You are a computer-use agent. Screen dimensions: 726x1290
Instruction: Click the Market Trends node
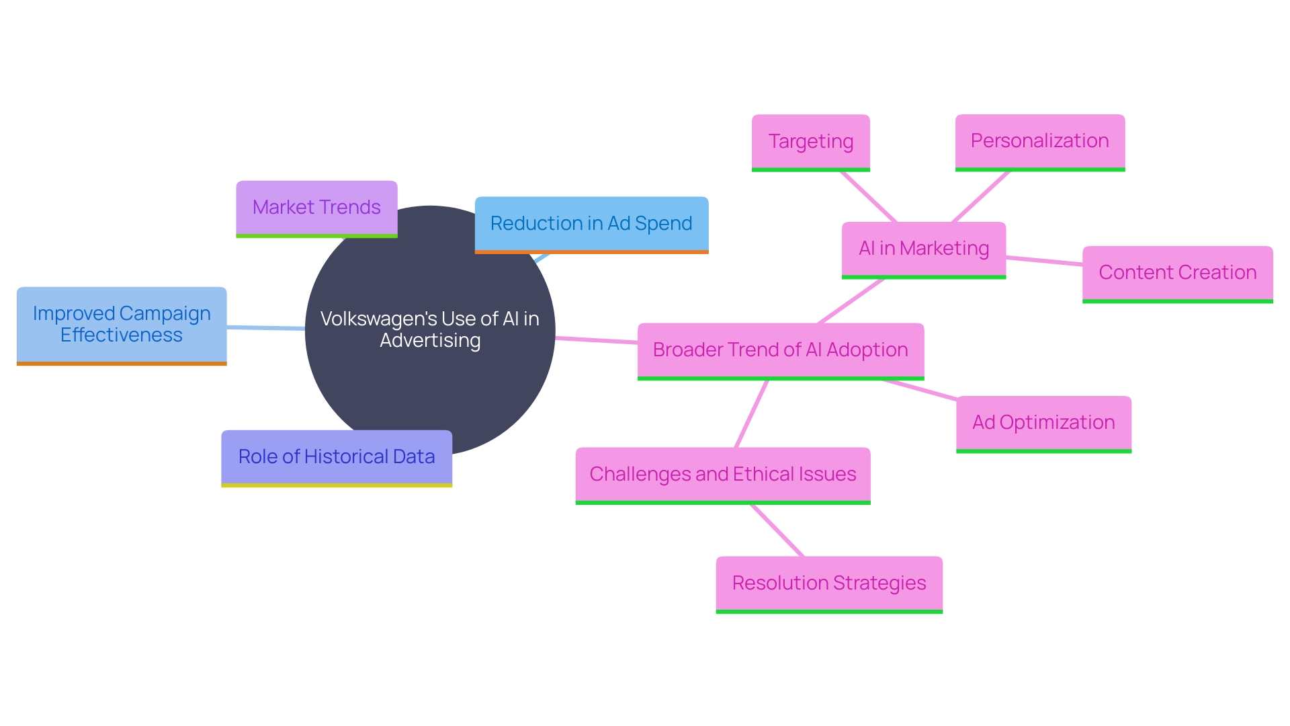[316, 208]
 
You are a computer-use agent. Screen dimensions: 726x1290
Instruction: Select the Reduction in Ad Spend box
[591, 224]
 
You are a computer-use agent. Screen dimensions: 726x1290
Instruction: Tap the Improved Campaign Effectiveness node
[122, 325]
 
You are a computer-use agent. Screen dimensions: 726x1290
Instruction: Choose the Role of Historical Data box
[337, 457]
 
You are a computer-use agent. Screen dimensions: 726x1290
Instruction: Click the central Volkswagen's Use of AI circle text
[430, 329]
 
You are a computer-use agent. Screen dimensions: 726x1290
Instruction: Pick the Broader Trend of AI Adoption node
[780, 350]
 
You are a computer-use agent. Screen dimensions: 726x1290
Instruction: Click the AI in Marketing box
[923, 249]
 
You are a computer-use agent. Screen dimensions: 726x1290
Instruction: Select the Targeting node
[810, 142]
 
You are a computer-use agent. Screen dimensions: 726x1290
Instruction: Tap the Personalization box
[1039, 141]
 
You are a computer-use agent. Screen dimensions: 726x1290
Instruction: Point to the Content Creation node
[1177, 273]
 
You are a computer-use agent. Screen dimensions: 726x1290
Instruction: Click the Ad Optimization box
[1043, 423]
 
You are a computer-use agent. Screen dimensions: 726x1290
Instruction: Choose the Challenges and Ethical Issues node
[722, 475]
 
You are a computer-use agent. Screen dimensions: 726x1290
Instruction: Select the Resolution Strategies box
[828, 583]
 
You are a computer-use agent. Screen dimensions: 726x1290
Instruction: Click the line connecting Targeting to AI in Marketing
[868, 196]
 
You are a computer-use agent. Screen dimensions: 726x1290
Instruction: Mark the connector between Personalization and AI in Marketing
[981, 196]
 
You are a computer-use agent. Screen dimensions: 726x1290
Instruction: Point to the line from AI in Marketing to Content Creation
[1044, 261]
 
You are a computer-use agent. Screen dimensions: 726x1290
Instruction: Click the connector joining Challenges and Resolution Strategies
[777, 530]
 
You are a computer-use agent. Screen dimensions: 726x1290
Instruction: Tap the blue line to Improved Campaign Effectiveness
[266, 327]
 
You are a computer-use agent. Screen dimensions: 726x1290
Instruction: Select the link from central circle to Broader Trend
[597, 340]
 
